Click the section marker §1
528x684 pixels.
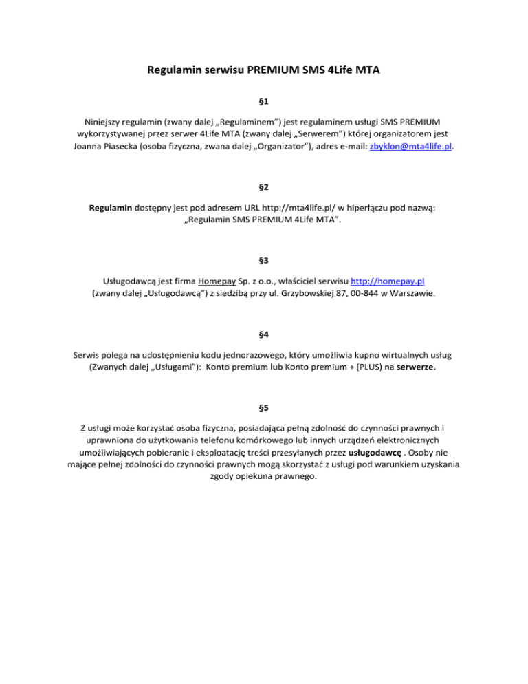(264, 101)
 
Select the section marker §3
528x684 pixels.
(264, 261)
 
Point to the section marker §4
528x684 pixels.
(264, 334)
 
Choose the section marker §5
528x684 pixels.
(264, 408)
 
